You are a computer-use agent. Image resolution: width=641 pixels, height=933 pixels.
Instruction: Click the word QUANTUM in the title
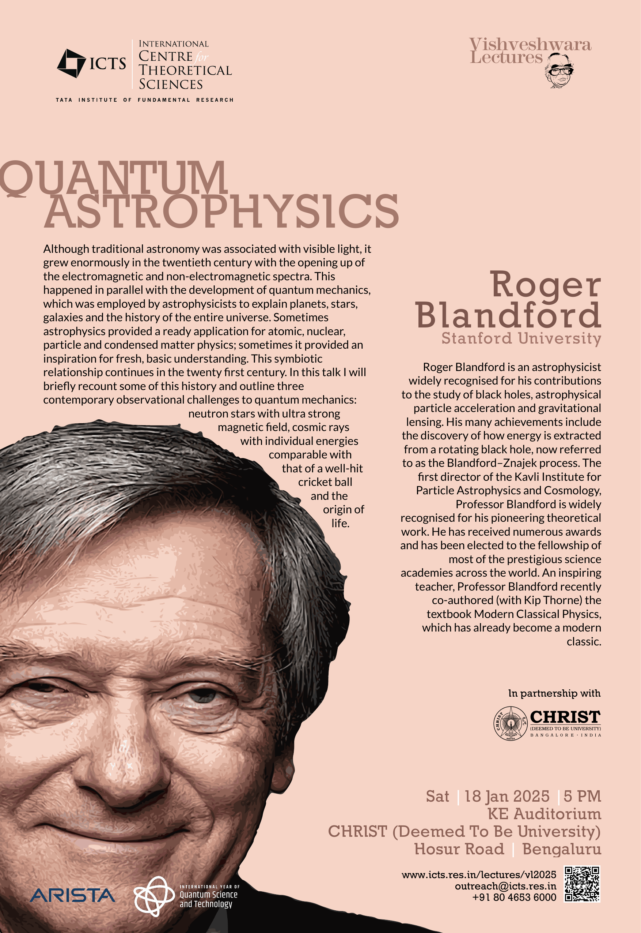[x=114, y=178]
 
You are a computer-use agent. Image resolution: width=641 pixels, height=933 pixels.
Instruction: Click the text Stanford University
[x=521, y=338]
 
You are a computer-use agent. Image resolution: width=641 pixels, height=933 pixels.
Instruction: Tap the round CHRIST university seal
[x=510, y=723]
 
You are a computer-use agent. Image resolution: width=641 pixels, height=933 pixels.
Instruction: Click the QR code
[x=582, y=884]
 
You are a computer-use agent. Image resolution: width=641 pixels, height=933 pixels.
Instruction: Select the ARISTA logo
[x=73, y=895]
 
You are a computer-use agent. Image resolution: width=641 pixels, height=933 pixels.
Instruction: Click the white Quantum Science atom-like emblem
[x=154, y=896]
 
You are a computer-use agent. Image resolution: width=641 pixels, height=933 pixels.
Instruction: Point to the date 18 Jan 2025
[x=507, y=796]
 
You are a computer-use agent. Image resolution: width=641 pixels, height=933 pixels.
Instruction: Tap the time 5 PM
[x=582, y=796]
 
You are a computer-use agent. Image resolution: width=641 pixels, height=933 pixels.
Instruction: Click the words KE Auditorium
[x=544, y=814]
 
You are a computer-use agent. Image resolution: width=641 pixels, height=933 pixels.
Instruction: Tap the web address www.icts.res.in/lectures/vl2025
[x=479, y=875]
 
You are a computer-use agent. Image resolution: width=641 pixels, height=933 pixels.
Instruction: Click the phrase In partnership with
[x=554, y=693]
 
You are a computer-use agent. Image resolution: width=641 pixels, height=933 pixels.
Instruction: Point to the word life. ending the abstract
[x=340, y=523]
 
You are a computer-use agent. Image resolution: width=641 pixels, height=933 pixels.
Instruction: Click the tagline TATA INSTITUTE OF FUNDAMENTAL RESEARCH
[x=145, y=100]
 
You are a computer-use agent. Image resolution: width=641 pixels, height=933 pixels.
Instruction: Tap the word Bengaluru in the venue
[x=561, y=849]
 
